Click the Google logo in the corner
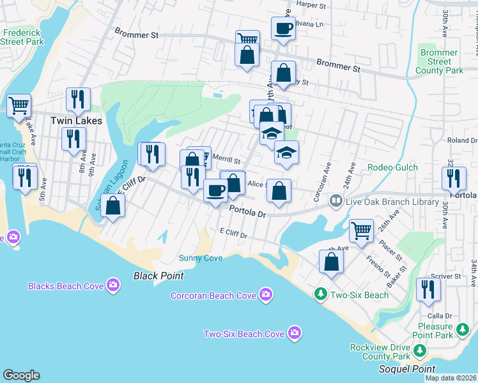(21, 375)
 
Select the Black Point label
(158, 276)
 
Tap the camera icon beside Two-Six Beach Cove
(294, 333)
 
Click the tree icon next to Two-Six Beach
(320, 294)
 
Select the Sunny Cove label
(200, 258)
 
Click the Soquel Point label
(406, 369)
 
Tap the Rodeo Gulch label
(393, 167)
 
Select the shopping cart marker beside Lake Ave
(19, 105)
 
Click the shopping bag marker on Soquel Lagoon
(112, 206)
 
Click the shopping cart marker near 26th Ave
(361, 230)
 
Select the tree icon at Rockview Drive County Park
(419, 350)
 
